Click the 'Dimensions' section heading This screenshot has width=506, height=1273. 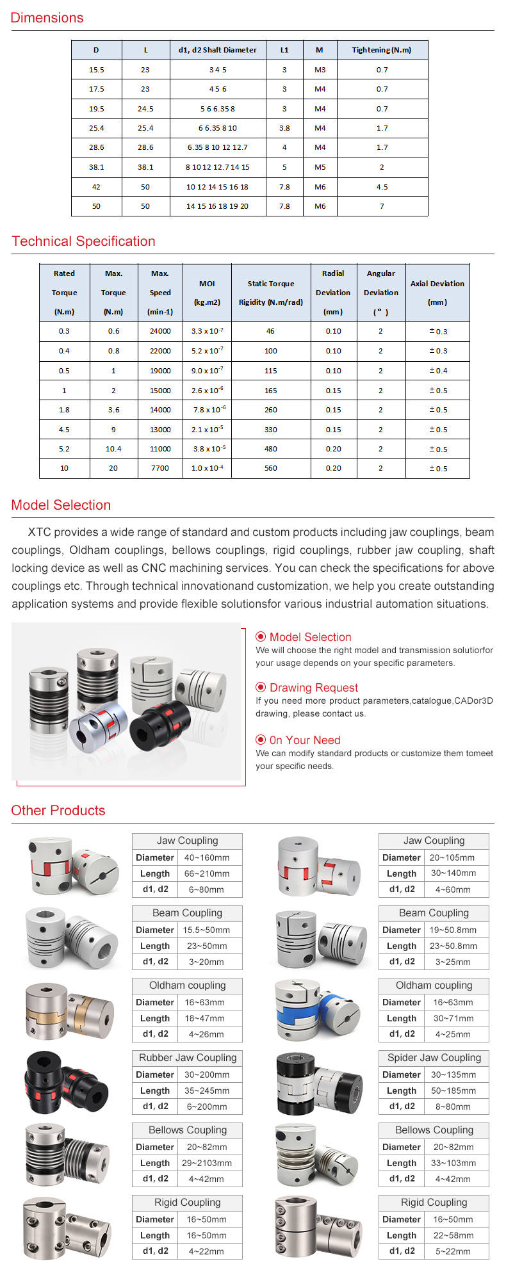pyautogui.click(x=47, y=18)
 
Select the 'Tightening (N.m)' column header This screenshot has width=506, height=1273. pyautogui.click(x=382, y=50)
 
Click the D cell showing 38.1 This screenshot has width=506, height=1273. pyautogui.click(x=96, y=167)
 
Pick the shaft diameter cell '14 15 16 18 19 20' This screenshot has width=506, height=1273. pyautogui.click(x=218, y=206)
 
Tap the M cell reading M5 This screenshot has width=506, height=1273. pyautogui.click(x=320, y=167)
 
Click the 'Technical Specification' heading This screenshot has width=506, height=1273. pyautogui.click(x=83, y=241)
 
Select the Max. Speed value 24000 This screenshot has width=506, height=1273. pyautogui.click(x=160, y=331)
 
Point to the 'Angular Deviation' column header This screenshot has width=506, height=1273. pyautogui.click(x=380, y=292)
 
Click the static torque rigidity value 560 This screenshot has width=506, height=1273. pyautogui.click(x=270, y=468)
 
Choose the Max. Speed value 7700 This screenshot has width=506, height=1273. pyautogui.click(x=160, y=468)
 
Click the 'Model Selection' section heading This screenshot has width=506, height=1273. pyautogui.click(x=61, y=505)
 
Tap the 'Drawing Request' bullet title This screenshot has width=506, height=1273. pyautogui.click(x=313, y=688)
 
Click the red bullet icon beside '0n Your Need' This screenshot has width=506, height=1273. pyautogui.click(x=261, y=740)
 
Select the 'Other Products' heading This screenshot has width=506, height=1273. pyautogui.click(x=58, y=811)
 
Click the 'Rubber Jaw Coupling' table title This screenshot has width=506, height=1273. pyautogui.click(x=187, y=1058)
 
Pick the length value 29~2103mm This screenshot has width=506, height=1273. pyautogui.click(x=206, y=1163)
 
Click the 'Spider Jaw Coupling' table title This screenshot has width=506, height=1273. pyautogui.click(x=434, y=1058)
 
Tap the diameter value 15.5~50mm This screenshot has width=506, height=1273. pyautogui.click(x=206, y=930)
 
